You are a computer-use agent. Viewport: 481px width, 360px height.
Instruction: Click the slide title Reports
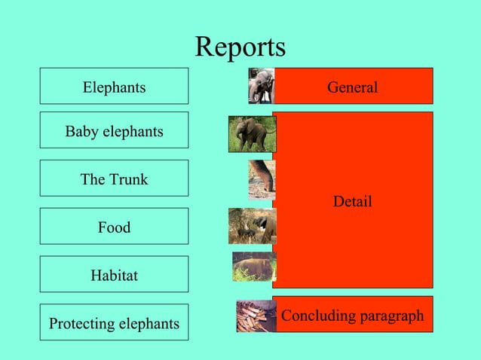tap(240, 47)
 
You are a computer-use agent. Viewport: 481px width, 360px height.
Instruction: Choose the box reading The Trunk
tap(114, 178)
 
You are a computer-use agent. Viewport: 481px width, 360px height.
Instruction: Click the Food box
tap(114, 227)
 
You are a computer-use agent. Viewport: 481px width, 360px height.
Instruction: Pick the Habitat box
tap(114, 274)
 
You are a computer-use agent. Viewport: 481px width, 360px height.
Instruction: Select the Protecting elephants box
tap(114, 322)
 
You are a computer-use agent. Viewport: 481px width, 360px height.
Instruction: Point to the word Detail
tap(352, 201)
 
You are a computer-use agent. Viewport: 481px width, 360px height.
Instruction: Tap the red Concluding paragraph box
tap(352, 315)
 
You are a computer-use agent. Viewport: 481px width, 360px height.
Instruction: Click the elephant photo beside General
tap(261, 86)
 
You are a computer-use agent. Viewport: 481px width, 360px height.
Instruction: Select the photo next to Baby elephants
tap(252, 134)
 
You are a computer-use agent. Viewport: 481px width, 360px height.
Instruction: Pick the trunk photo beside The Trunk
tap(261, 179)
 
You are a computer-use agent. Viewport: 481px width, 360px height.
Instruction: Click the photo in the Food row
tap(252, 226)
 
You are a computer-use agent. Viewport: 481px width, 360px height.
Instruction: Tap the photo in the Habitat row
tap(254, 267)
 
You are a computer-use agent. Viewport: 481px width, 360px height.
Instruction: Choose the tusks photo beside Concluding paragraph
tap(256, 316)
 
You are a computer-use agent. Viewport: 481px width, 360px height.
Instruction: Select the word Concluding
tap(316, 316)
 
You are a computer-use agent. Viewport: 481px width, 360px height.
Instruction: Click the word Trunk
tap(128, 179)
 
